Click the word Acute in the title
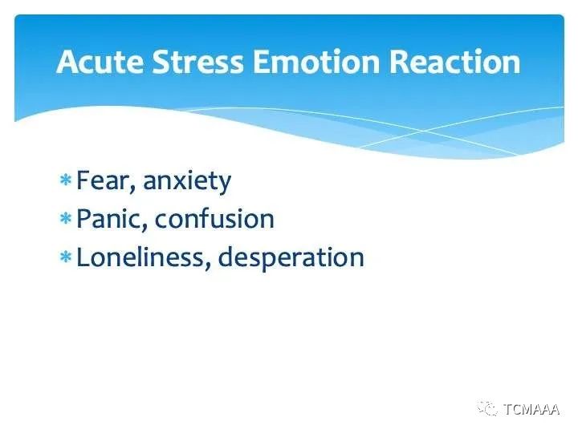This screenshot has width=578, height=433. coord(100,62)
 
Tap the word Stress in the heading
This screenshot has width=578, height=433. coord(198,62)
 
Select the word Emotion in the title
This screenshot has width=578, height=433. coord(316,62)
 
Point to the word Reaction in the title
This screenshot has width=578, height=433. coord(454,62)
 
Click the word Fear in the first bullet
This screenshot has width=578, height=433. coord(104,180)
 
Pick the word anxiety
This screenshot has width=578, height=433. coord(187,182)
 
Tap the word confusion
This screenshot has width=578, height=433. coord(214,219)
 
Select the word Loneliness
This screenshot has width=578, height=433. coord(140,257)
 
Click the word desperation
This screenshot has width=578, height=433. coord(291,257)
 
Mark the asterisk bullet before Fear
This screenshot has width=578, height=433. coord(65,180)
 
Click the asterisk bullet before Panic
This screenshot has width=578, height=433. coord(65,218)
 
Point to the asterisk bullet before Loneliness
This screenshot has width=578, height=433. coord(65,257)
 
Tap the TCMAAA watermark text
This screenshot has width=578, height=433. coord(531,409)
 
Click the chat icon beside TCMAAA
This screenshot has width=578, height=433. coord(487,408)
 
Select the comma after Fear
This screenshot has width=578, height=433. coord(133,189)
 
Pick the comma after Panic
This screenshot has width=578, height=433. coord(144,228)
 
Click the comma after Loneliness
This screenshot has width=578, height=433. coord(208,266)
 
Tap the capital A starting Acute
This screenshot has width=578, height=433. coord(67,62)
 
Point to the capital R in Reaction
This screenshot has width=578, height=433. coord(398,62)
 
